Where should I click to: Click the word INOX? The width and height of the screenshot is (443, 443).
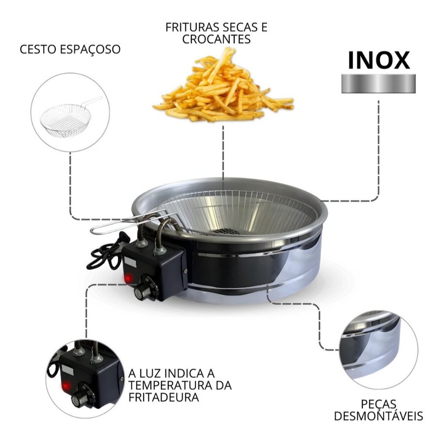pyautogui.click(x=379, y=60)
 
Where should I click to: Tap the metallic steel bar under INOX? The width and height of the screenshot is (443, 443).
pyautogui.click(x=379, y=83)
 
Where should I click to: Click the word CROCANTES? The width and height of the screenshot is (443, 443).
pyautogui.click(x=216, y=39)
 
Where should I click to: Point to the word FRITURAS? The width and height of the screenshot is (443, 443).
pyautogui.click(x=192, y=27)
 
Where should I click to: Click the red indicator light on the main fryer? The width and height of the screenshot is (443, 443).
pyautogui.click(x=128, y=278)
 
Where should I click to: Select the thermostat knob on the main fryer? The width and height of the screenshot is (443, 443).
pyautogui.click(x=142, y=292)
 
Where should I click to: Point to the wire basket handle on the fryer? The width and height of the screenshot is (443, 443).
pyautogui.click(x=127, y=223)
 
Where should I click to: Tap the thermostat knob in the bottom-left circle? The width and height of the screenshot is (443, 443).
pyautogui.click(x=80, y=398)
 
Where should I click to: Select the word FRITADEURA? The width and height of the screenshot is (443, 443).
pyautogui.click(x=164, y=397)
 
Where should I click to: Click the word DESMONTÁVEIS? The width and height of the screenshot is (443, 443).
pyautogui.click(x=379, y=416)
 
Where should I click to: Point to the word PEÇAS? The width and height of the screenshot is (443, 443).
pyautogui.click(x=379, y=404)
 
